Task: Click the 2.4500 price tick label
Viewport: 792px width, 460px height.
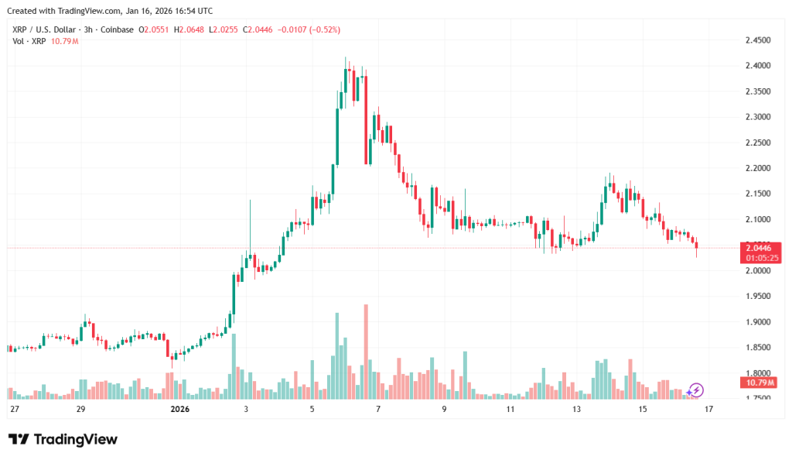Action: tap(757, 40)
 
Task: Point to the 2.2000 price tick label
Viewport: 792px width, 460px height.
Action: tap(757, 168)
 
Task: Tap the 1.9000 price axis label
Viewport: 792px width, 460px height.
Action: tap(757, 321)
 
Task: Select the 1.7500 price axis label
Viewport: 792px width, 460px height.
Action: tap(757, 398)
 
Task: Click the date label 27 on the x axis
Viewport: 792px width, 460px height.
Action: tap(14, 408)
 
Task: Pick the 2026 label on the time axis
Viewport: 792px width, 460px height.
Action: tap(179, 408)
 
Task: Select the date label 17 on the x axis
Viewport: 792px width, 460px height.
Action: tap(708, 408)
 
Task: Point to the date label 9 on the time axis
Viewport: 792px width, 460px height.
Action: tap(444, 408)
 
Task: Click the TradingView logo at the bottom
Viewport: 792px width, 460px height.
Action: tap(63, 439)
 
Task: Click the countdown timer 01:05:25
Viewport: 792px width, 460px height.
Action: tap(762, 257)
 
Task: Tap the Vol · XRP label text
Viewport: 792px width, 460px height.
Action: tap(29, 40)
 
